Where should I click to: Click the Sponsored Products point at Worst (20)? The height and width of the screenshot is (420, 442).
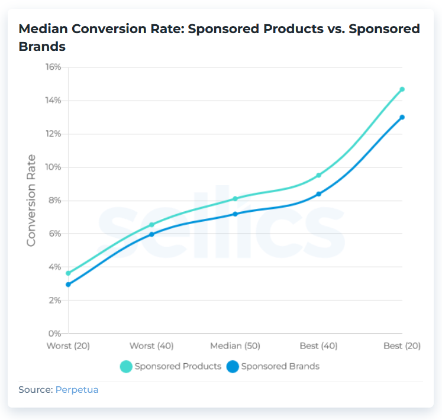(x=69, y=273)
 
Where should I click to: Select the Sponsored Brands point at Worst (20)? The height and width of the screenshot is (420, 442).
(x=69, y=285)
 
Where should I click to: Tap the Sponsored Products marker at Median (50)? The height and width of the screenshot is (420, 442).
(x=235, y=199)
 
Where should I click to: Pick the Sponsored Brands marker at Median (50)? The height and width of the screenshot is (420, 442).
(x=235, y=214)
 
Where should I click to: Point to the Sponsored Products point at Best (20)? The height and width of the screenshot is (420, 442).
(x=402, y=89)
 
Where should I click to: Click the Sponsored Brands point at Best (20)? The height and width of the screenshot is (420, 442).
(x=402, y=117)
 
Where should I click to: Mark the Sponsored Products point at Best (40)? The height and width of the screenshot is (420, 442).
(x=318, y=175)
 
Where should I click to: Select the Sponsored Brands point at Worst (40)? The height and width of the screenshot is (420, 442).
(x=151, y=234)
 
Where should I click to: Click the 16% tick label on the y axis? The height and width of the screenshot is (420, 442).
(x=53, y=67)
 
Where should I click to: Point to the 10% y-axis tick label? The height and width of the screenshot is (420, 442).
(x=53, y=167)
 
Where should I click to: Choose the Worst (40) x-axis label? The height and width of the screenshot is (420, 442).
(x=151, y=346)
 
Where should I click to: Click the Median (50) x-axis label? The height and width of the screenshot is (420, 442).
(x=235, y=346)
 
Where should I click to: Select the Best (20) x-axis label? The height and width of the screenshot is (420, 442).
(x=401, y=346)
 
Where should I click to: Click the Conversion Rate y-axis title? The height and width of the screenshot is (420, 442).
(x=31, y=200)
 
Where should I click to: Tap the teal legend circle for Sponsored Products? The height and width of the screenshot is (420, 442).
(x=126, y=367)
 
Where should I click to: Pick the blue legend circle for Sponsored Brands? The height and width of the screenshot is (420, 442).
(x=233, y=367)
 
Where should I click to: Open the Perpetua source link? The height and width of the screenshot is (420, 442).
(x=76, y=390)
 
